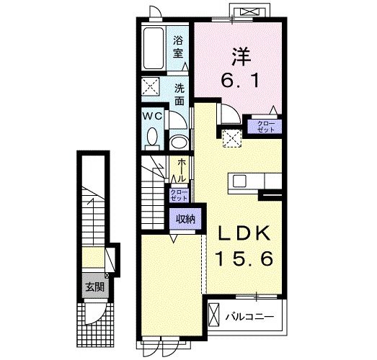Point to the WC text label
point(151,116)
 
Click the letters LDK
point(241,233)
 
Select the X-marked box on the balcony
point(214,315)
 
